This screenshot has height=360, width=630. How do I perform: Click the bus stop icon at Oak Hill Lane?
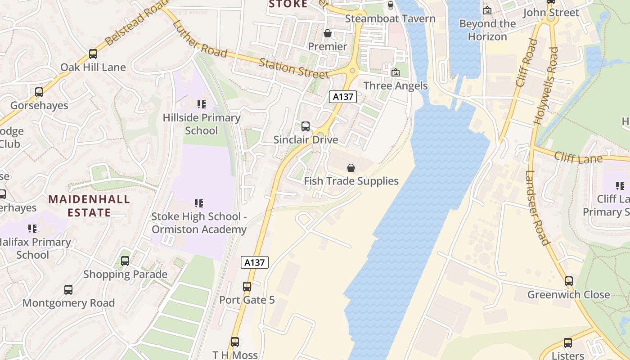[93, 54]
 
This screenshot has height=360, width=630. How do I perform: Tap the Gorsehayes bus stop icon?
[39, 92]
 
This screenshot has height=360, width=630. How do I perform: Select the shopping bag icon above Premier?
[328, 34]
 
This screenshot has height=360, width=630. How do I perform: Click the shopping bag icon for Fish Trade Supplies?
[351, 168]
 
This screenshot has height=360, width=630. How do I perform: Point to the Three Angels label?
[395, 85]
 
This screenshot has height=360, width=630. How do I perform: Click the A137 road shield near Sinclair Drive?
[343, 96]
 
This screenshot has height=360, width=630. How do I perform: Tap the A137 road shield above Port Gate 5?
[255, 262]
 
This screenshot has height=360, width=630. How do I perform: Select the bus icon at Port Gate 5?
[247, 286]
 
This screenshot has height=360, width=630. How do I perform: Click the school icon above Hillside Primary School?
[202, 104]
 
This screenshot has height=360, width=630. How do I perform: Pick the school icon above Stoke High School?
[199, 203]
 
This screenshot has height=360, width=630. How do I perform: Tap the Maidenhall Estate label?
[89, 206]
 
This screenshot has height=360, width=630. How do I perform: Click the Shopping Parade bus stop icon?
[125, 261]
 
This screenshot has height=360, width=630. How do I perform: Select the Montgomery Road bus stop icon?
[68, 289]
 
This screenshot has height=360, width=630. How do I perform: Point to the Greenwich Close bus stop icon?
[569, 281]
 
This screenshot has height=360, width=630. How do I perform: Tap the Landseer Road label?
[537, 208]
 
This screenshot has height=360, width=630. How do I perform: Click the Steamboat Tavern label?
[390, 18]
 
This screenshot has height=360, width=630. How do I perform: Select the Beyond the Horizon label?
[487, 30]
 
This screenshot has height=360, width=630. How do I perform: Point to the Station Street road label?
[294, 67]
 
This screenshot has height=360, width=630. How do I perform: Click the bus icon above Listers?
[568, 343]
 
